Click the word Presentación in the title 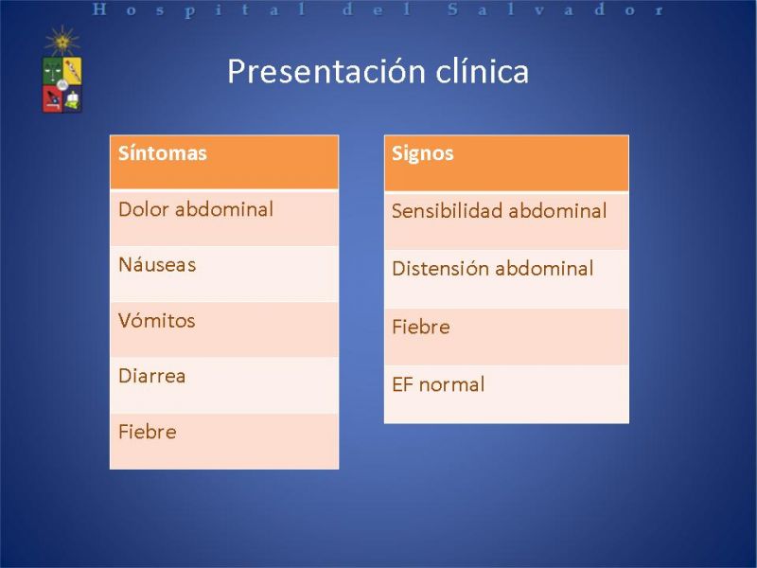click(x=326, y=72)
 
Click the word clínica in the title click(x=483, y=71)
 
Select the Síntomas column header click(x=224, y=162)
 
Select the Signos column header click(x=506, y=163)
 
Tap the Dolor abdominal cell click(x=224, y=219)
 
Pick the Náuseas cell click(x=224, y=274)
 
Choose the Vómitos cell click(x=224, y=329)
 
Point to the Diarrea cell click(x=224, y=385)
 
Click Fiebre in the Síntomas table click(x=224, y=441)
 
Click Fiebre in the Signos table click(x=506, y=337)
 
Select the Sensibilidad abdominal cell click(x=506, y=222)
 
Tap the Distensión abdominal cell click(x=506, y=278)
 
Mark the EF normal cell click(x=506, y=394)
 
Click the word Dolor click(x=143, y=209)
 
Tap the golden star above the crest click(x=62, y=41)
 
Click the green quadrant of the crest click(x=52, y=71)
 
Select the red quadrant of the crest click(x=52, y=98)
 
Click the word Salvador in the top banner click(x=555, y=9)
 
